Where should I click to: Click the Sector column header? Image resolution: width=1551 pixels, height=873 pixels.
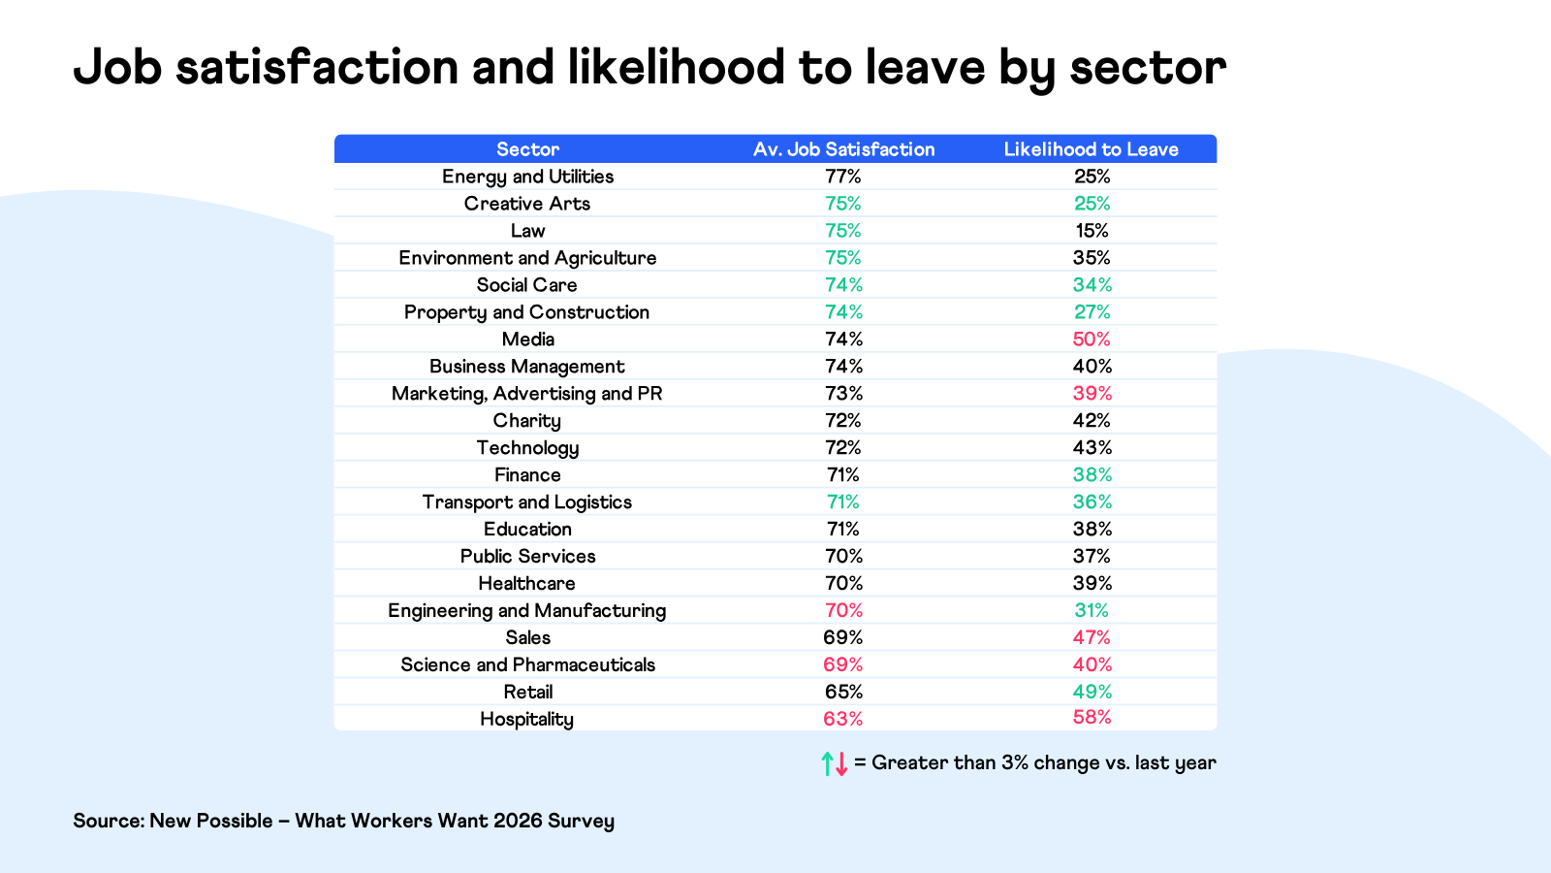click(x=527, y=149)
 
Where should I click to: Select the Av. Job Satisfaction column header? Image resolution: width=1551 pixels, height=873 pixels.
click(x=843, y=149)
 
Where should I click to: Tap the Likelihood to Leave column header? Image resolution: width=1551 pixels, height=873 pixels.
click(x=1091, y=149)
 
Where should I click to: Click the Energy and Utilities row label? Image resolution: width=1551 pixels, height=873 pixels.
click(x=527, y=177)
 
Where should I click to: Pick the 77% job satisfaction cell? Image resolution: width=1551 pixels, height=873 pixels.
click(x=843, y=177)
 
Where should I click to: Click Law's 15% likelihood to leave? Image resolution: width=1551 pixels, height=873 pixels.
click(x=1092, y=231)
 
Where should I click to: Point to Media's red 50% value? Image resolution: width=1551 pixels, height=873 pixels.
click(x=1092, y=339)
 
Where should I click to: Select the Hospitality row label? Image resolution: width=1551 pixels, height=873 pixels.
click(x=526, y=719)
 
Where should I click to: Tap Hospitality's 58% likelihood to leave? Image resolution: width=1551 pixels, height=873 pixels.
click(x=1092, y=718)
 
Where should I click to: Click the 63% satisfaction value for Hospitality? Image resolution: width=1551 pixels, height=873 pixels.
click(x=843, y=719)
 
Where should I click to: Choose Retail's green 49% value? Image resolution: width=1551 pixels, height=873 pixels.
click(x=1092, y=692)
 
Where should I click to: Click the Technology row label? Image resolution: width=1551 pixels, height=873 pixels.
click(x=527, y=448)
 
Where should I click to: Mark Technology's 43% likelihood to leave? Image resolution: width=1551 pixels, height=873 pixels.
click(x=1092, y=448)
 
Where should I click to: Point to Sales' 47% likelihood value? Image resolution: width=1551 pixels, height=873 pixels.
click(x=1092, y=637)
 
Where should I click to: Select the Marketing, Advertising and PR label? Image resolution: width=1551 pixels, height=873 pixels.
click(x=526, y=394)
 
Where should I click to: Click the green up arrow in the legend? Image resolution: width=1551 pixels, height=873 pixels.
click(x=827, y=763)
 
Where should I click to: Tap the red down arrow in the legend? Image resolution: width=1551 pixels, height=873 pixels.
click(x=841, y=763)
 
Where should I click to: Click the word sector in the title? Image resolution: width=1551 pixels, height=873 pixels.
click(x=1148, y=68)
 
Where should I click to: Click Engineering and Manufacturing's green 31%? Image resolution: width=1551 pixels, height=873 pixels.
click(x=1092, y=610)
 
